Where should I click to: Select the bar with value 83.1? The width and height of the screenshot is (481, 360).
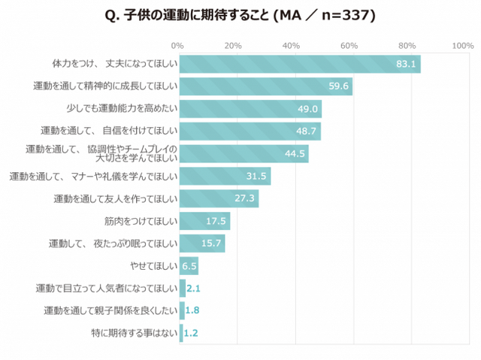(299, 65)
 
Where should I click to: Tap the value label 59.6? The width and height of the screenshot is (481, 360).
(339, 86)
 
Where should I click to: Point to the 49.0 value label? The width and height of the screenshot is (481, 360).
(309, 109)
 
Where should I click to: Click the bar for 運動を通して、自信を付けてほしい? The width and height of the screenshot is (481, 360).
(250, 132)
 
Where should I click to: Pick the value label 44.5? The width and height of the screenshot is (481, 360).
(296, 154)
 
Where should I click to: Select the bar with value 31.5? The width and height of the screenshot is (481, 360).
(224, 177)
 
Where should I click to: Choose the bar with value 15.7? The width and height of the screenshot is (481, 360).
(201, 244)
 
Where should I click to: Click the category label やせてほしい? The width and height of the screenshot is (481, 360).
(154, 266)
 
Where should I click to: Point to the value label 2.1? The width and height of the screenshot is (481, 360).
(192, 288)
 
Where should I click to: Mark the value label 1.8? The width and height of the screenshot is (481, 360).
(192, 310)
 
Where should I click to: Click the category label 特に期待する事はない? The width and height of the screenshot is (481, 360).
(133, 332)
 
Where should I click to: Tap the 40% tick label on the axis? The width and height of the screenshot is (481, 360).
(292, 46)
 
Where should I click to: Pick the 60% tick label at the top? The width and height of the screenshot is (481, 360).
(349, 46)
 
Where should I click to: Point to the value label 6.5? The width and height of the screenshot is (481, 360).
(189, 266)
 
